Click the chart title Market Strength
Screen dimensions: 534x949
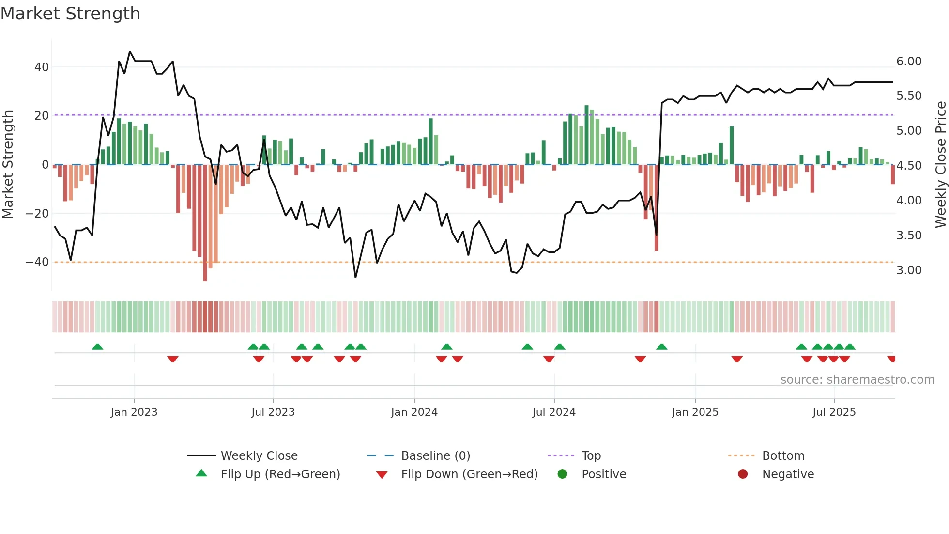70,14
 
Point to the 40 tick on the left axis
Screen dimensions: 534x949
42,67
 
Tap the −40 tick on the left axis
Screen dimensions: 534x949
37,262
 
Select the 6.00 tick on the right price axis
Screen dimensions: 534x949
909,62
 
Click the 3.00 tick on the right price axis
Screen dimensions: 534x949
909,270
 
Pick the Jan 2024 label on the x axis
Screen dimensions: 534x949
414,412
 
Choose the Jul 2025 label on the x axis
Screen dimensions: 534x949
834,412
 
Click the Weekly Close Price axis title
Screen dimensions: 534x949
940,165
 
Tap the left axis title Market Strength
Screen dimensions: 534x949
8,165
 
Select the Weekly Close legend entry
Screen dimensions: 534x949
259,456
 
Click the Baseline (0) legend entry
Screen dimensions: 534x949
435,456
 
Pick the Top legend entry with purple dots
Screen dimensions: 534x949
591,456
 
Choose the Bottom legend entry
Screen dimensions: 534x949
783,456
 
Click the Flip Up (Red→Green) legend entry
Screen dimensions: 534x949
280,474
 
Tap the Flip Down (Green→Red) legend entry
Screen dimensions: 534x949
469,474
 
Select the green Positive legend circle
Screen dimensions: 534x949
562,474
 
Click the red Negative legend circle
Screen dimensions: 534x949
743,474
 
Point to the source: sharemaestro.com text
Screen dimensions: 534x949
857,380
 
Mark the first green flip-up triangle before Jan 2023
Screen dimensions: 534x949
97,347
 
